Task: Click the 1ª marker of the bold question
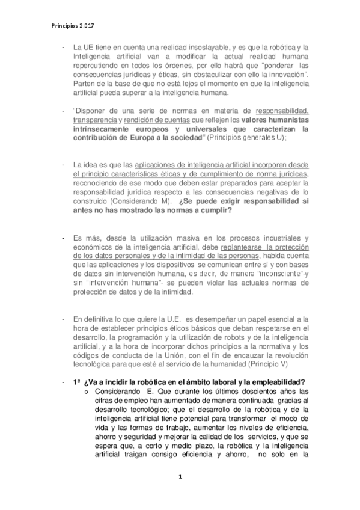click(76, 382)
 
